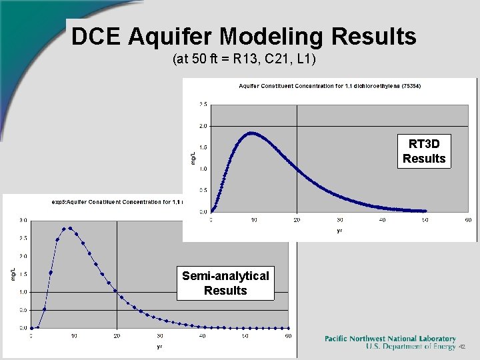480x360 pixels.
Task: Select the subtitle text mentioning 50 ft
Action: (x=244, y=60)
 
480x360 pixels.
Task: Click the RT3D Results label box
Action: (x=424, y=151)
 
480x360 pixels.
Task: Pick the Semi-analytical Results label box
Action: (x=225, y=283)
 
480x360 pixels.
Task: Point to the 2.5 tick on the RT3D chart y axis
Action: (x=203, y=104)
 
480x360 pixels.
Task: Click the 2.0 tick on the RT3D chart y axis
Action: (x=203, y=125)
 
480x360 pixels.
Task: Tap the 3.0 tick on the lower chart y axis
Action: (x=23, y=220)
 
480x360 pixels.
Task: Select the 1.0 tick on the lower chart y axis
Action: (x=23, y=292)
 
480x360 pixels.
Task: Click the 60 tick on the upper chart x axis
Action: (x=468, y=220)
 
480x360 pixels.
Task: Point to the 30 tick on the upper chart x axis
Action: (x=339, y=220)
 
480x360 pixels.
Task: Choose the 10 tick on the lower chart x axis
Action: (x=73, y=336)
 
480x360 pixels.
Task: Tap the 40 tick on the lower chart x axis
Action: (x=203, y=336)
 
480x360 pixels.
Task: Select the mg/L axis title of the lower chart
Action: (x=13, y=273)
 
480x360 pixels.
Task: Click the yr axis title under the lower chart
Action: (x=159, y=346)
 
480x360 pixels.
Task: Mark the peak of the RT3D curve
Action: (x=251, y=133)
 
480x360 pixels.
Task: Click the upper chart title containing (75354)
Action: (x=330, y=86)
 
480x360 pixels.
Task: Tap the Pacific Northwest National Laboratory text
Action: (x=390, y=339)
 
